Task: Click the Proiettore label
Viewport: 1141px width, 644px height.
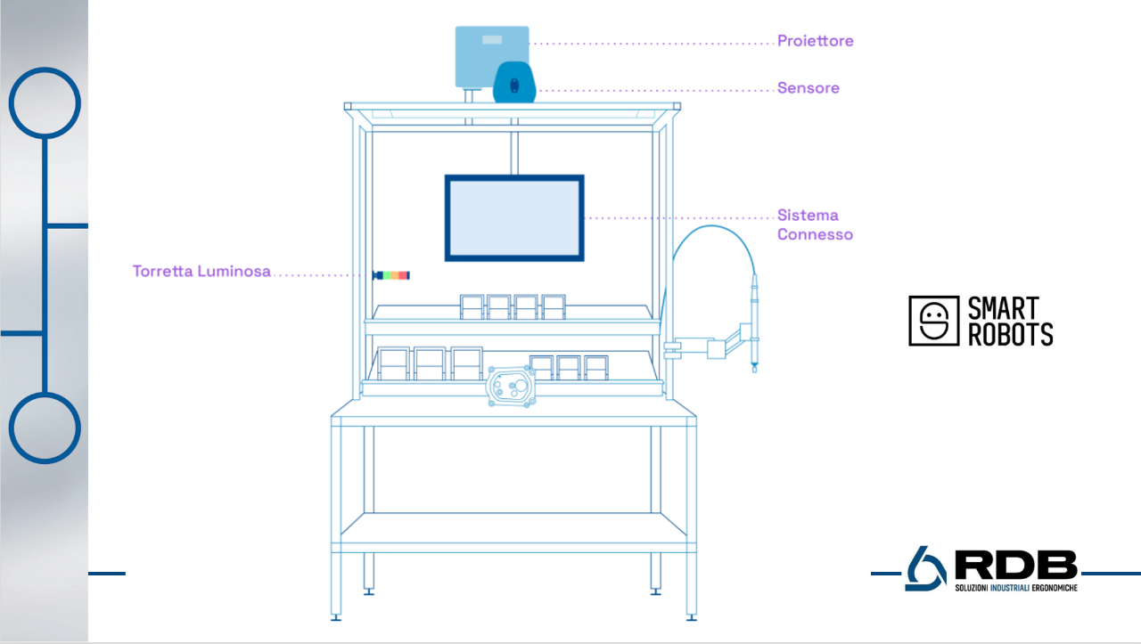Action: coord(815,41)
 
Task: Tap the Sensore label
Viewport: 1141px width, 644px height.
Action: coord(808,88)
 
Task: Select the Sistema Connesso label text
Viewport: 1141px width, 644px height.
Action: coord(815,224)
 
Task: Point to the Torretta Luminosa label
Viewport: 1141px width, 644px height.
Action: coord(201,272)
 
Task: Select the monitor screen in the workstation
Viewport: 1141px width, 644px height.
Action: coord(514,218)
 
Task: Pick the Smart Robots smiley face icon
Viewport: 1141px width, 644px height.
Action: coord(933,321)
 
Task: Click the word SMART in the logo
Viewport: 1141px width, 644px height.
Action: coord(1004,308)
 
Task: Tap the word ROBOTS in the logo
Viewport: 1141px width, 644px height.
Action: coord(1010,334)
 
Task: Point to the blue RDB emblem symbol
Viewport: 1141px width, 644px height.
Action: coord(925,568)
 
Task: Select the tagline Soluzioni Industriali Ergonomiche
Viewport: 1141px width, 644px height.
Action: coord(1015,588)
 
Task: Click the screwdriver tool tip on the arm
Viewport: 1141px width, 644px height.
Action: coord(754,365)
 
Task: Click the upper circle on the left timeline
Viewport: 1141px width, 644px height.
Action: coord(45,102)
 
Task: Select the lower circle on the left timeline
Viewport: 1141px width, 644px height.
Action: coord(45,428)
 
